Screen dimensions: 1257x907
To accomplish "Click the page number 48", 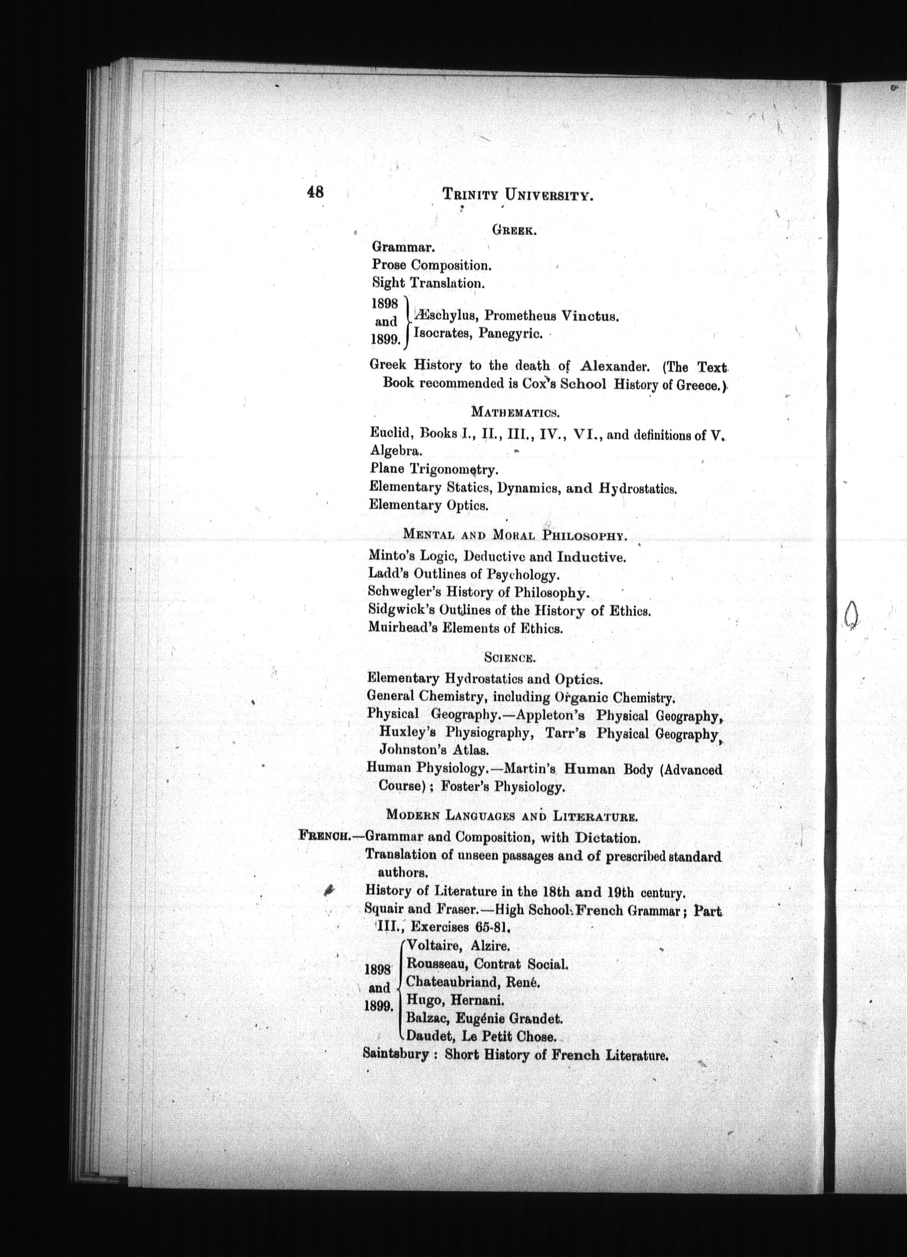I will (x=315, y=191).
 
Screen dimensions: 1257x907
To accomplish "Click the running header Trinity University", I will (x=517, y=194).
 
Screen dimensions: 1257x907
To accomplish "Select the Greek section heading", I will (x=514, y=231).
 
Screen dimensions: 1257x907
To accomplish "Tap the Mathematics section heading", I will (x=515, y=411).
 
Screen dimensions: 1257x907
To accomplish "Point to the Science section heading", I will (x=510, y=657).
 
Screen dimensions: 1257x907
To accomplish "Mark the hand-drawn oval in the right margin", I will (x=851, y=616).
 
